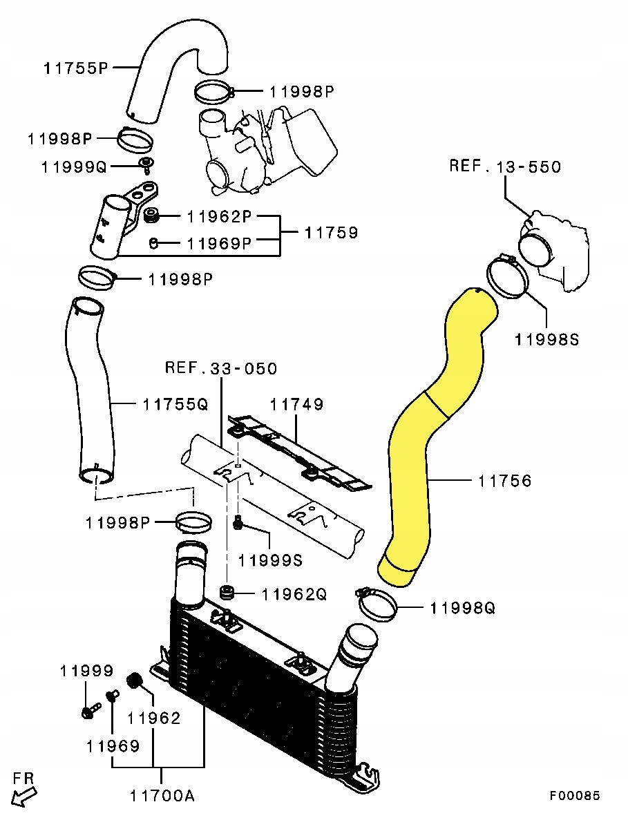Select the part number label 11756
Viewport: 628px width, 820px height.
point(504,480)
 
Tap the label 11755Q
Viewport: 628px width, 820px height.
point(175,403)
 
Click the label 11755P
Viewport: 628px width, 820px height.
point(75,68)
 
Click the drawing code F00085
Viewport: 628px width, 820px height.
point(575,796)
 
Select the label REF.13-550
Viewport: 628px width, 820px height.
point(505,166)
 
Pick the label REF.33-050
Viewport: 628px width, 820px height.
point(220,368)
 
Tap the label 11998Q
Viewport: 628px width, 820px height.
point(462,608)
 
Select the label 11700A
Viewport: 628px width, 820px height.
point(162,796)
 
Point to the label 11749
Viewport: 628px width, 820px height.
point(296,404)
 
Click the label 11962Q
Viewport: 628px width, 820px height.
point(294,594)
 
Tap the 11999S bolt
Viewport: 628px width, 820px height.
point(238,524)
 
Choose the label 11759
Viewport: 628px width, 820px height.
point(331,232)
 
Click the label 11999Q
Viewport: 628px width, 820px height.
point(74,166)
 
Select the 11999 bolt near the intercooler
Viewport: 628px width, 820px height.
point(88,711)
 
